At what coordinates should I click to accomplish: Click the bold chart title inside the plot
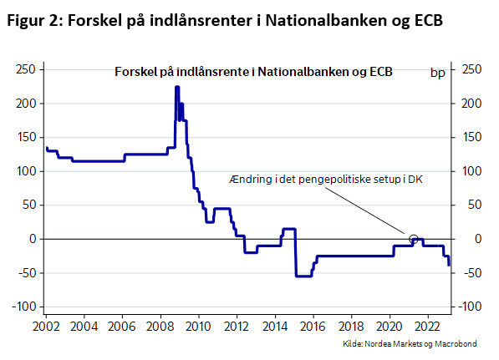253,73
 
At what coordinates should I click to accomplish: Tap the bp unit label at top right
437,73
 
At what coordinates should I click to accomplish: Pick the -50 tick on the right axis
471,273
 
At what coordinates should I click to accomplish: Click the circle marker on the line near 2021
413,239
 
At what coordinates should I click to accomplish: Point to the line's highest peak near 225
177,87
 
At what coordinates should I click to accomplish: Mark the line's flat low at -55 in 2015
303,276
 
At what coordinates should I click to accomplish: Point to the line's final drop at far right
449,261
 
